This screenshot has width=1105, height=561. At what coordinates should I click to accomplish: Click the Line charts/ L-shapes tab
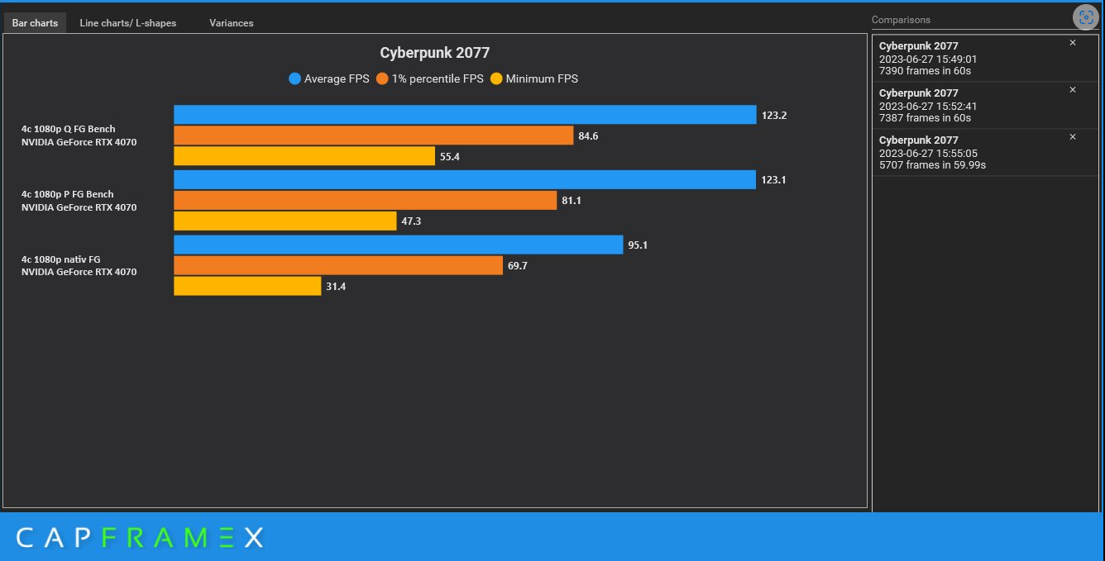coord(127,23)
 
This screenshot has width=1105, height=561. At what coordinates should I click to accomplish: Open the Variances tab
coord(231,23)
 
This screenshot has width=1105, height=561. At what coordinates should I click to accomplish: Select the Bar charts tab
coord(35,23)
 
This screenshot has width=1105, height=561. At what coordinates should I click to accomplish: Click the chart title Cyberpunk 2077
coord(434,53)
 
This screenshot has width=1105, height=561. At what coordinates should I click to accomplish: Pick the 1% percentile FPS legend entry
coord(429,79)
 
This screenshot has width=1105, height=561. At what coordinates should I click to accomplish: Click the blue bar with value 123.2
coord(465,115)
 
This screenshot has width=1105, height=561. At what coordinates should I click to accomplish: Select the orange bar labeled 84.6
coord(373,135)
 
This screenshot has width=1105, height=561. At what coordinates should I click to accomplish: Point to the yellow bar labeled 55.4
coord(304,156)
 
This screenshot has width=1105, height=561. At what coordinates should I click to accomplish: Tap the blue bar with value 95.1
coord(398,245)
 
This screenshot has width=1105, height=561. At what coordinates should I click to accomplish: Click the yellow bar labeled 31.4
coord(247,286)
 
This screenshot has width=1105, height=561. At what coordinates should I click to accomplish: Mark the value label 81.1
coord(572,201)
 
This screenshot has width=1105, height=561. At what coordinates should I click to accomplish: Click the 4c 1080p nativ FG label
coord(60,259)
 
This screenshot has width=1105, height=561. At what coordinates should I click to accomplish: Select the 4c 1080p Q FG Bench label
coord(69,129)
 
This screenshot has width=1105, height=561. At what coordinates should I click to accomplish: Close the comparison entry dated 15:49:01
coord(1073,43)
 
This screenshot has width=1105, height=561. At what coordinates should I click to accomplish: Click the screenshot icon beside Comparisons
coord(1084,17)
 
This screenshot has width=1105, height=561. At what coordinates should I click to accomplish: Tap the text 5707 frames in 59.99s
coord(931,165)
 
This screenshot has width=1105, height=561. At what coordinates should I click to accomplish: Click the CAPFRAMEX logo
coord(139,538)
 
